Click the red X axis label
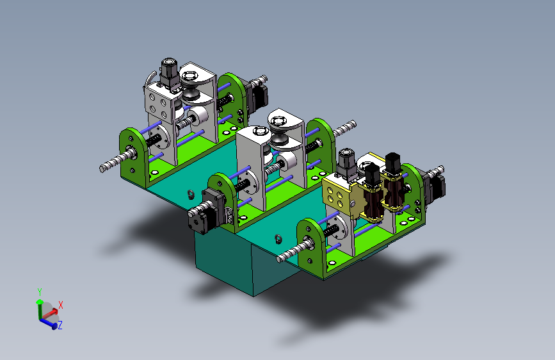tap(61, 305)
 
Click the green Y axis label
tap(40, 292)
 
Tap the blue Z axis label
tap(60, 325)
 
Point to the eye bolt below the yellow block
tap(278, 239)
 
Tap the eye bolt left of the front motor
tap(191, 194)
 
